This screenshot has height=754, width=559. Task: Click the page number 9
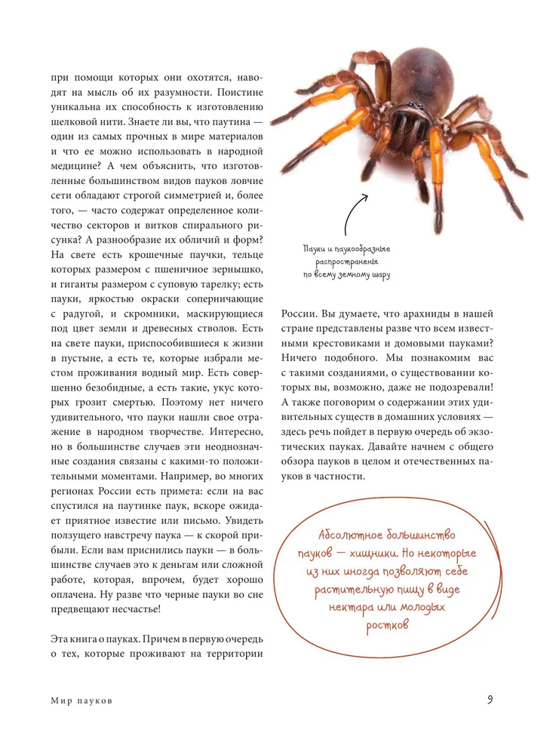(x=490, y=699)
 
